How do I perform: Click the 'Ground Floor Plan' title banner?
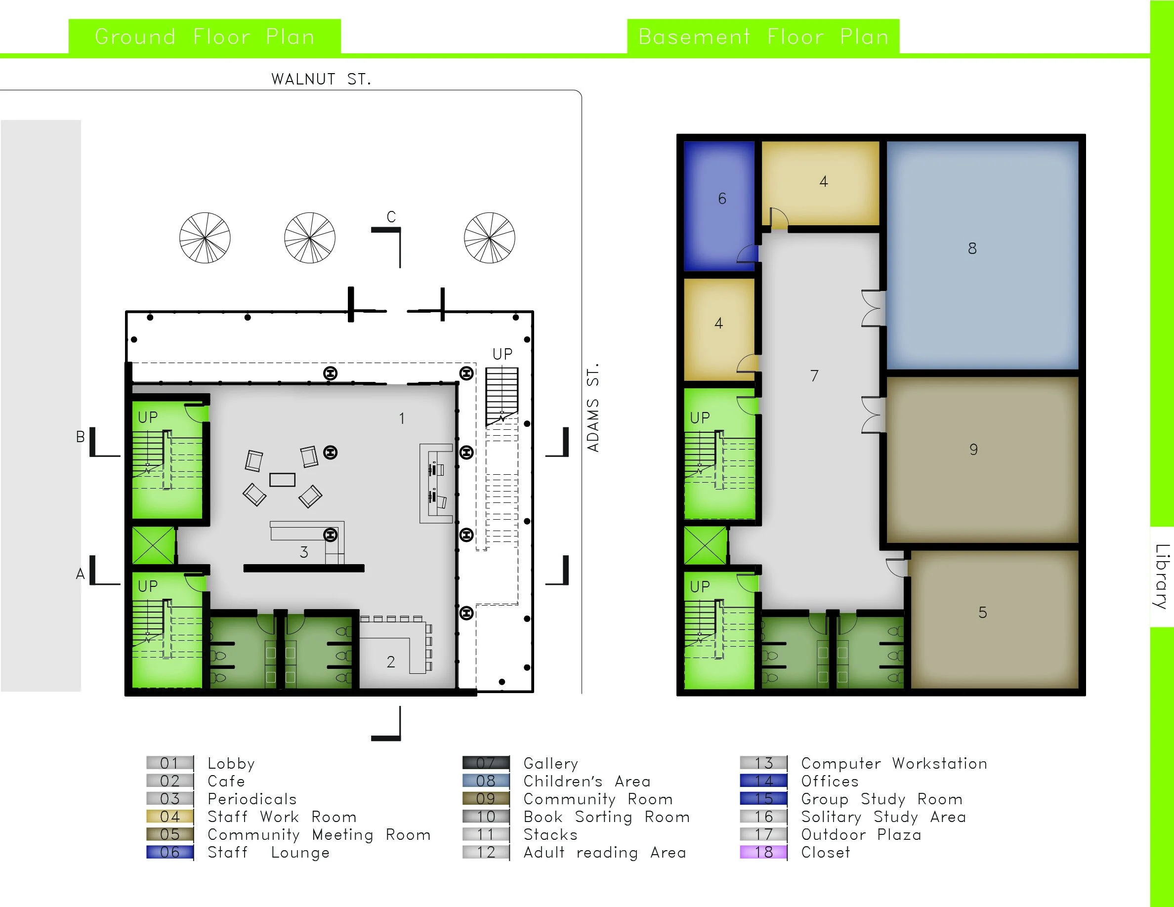[204, 37]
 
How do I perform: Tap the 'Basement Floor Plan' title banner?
[763, 37]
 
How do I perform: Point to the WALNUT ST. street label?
[321, 79]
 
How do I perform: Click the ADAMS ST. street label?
[592, 408]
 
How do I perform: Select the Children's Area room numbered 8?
[982, 255]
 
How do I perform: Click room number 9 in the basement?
[973, 449]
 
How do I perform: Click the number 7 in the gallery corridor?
[814, 375]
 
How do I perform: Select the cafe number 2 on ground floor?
[391, 661]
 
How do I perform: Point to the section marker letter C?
[391, 217]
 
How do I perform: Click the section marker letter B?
[80, 437]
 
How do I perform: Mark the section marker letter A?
[80, 574]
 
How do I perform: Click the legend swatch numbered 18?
[763, 852]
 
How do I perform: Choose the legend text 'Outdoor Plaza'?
[861, 834]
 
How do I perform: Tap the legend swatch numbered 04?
[170, 817]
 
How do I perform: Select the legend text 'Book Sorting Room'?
[606, 817]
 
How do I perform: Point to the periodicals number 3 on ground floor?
[304, 552]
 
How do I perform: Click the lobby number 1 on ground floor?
[402, 418]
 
